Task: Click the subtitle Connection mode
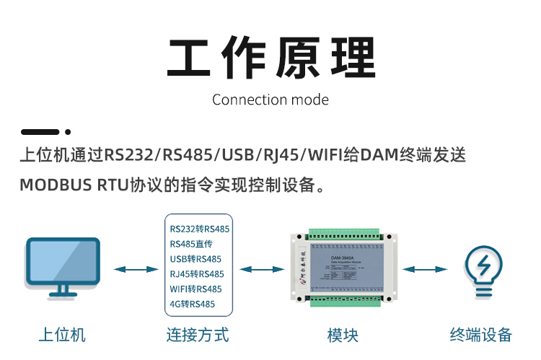[x=270, y=100]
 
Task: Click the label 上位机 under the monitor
[x=62, y=335]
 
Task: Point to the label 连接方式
[x=197, y=335]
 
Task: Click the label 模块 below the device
[x=343, y=335]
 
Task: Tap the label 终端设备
[x=480, y=335]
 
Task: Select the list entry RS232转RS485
[x=200, y=229]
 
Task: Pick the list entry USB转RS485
[x=195, y=259]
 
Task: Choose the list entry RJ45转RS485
[x=197, y=274]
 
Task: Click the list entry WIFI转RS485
[x=196, y=289]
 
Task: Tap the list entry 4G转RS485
[x=193, y=304]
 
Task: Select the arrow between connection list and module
[x=262, y=269]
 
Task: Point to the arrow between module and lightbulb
[x=424, y=269]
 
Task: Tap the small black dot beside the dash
[x=68, y=132]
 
